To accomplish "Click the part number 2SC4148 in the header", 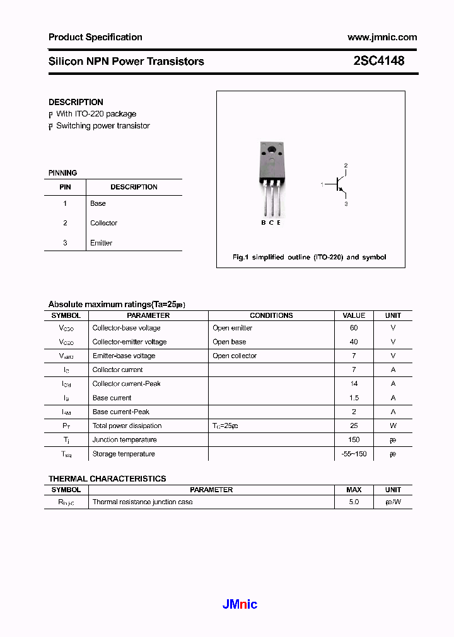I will (379, 61).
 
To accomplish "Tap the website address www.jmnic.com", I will (382, 37).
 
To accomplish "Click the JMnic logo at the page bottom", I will (240, 604).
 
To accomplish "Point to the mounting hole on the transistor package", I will (272, 150).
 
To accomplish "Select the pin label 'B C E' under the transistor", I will (271, 222).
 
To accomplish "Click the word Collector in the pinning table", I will (103, 223).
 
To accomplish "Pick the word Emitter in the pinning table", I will (101, 243).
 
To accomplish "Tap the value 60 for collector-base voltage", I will (354, 328).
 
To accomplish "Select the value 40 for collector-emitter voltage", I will (354, 342).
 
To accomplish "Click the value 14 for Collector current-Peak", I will (354, 383).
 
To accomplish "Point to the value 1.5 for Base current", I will (354, 398).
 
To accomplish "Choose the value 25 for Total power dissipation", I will (354, 426).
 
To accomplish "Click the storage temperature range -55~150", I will (354, 454).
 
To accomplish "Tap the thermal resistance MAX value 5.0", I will (354, 502).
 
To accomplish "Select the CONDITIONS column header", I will (271, 315).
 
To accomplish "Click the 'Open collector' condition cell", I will (235, 356).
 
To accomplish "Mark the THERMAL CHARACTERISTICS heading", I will (107, 478).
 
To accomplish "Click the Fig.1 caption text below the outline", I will (309, 257).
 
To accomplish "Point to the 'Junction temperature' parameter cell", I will (124, 439).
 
